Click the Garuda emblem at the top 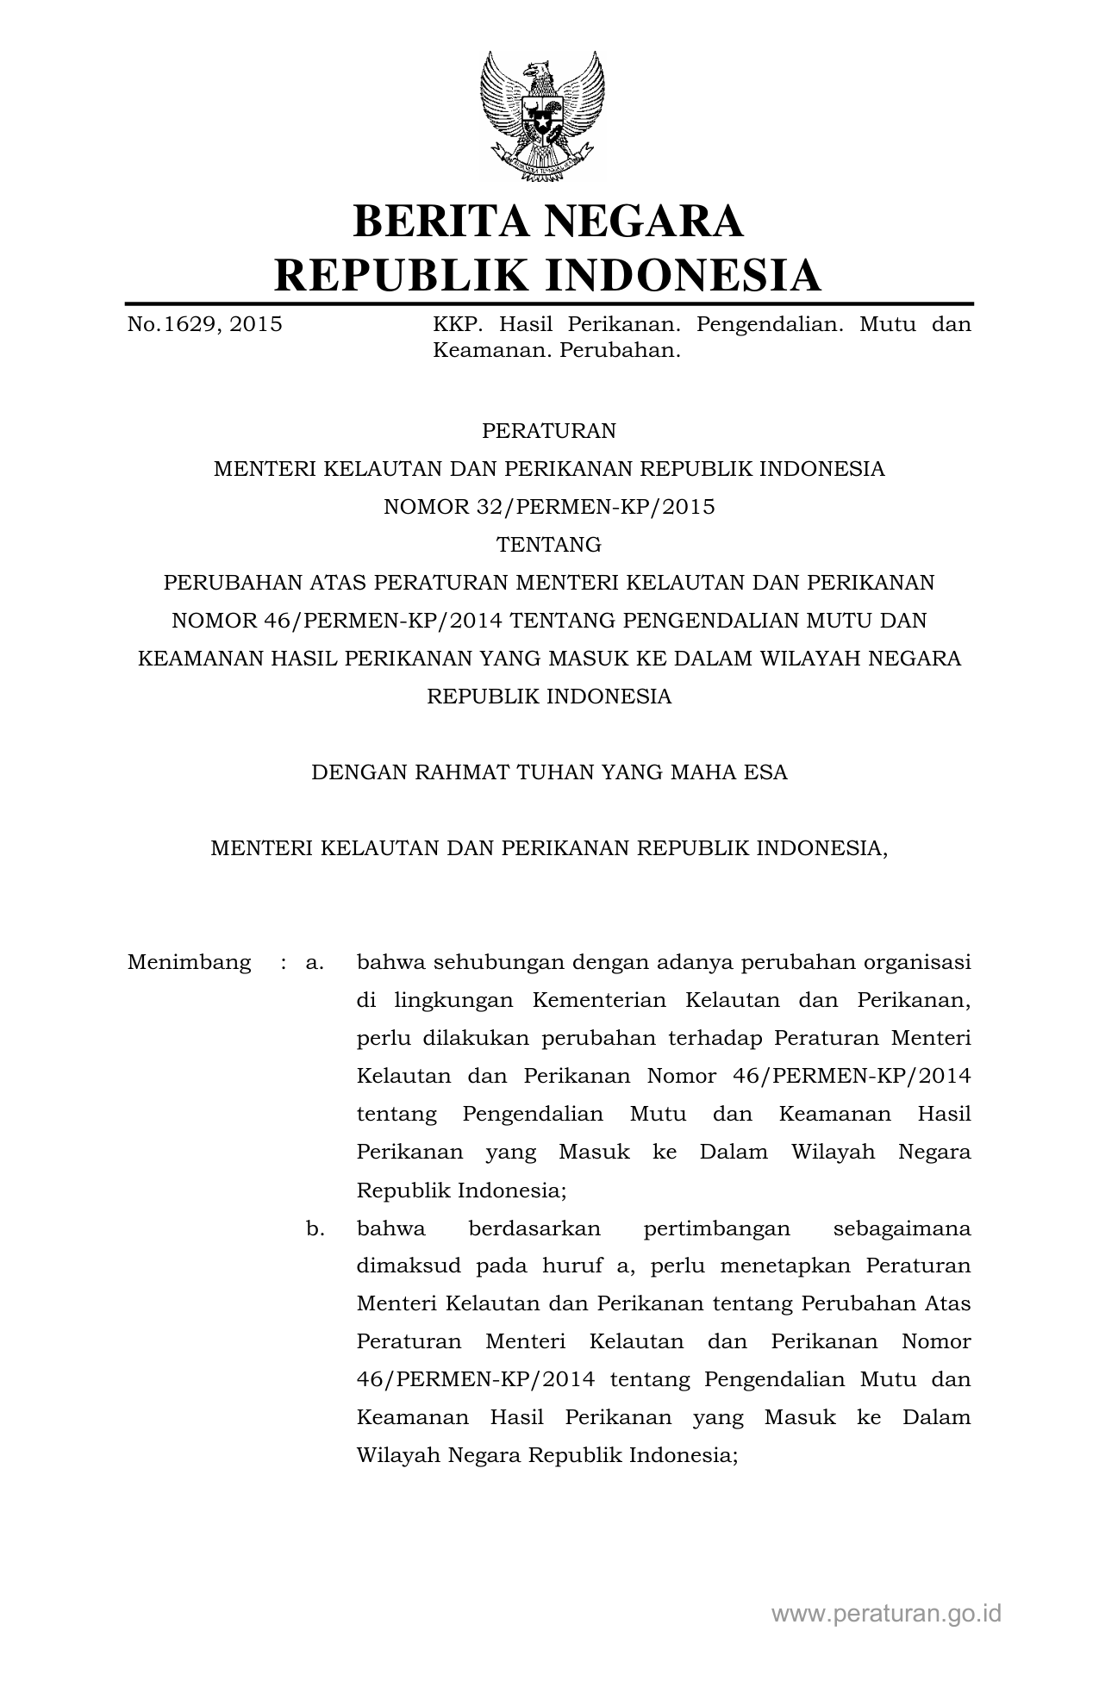click(x=542, y=116)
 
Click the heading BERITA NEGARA click(x=548, y=221)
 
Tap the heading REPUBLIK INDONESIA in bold click(x=548, y=275)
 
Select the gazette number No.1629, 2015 click(x=204, y=325)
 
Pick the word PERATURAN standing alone click(x=549, y=430)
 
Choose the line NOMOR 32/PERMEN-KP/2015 click(x=549, y=507)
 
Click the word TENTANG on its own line click(x=549, y=545)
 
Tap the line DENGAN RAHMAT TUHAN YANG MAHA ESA click(x=549, y=772)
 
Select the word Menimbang click(x=189, y=962)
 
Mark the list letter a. click(x=315, y=962)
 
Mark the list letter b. click(x=315, y=1228)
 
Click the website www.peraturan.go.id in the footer click(x=886, y=1614)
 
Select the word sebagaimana click(x=902, y=1229)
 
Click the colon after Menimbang click(x=283, y=963)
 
